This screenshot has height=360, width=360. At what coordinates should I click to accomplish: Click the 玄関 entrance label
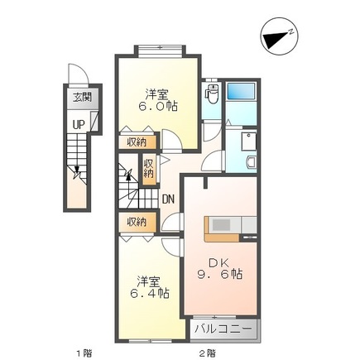(x=82, y=98)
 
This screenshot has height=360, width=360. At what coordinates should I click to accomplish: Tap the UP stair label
(x=79, y=125)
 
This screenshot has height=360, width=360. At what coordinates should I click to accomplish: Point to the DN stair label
(x=168, y=199)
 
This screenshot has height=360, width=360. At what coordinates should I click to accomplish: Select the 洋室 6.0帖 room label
(x=157, y=100)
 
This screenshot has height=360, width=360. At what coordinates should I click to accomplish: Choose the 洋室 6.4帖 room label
(x=149, y=287)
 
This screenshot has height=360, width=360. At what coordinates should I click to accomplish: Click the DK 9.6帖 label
(x=219, y=269)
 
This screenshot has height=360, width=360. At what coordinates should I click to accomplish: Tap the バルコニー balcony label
(x=223, y=329)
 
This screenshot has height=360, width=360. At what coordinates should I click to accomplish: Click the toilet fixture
(x=212, y=94)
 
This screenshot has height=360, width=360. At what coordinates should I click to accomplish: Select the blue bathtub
(x=241, y=91)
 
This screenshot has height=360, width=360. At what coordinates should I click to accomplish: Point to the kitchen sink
(x=222, y=224)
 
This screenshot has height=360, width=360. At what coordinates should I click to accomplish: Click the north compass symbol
(x=279, y=36)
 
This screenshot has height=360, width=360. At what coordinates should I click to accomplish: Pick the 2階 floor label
(x=208, y=353)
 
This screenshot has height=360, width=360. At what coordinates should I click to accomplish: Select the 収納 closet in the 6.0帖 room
(x=137, y=142)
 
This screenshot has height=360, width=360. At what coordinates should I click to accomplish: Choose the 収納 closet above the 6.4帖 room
(x=137, y=222)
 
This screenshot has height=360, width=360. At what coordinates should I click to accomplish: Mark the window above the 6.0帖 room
(x=161, y=51)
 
